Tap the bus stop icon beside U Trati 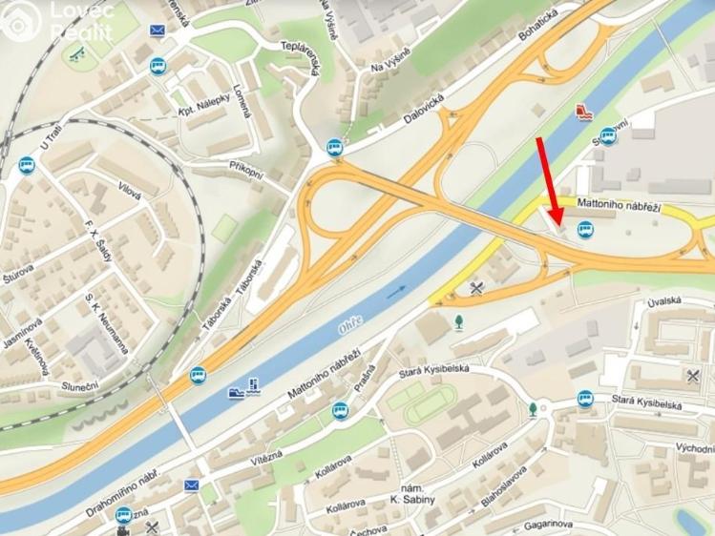pyautogui.click(x=26, y=166)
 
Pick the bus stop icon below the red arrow pyautogui.click(x=584, y=230)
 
